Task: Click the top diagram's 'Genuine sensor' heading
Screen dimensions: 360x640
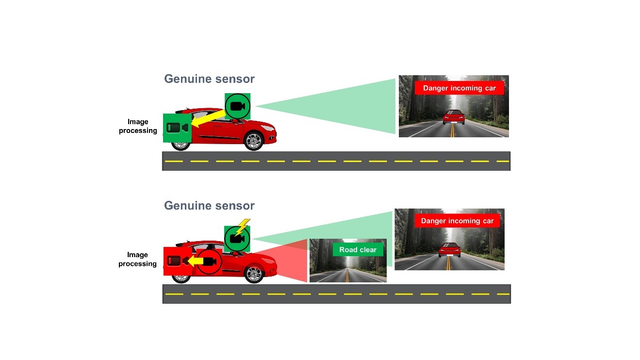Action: tap(209, 79)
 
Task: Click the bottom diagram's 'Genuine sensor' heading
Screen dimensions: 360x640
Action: tap(209, 205)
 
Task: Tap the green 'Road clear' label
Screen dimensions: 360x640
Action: tap(358, 250)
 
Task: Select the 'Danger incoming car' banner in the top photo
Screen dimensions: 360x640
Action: tap(459, 88)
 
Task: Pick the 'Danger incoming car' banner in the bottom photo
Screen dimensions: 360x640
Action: tap(457, 221)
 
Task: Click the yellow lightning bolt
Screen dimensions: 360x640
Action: tap(242, 227)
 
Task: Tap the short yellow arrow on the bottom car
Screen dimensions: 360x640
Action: tap(195, 262)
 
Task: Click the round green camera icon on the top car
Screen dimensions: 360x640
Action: tap(238, 106)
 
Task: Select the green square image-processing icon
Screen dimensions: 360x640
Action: tap(177, 128)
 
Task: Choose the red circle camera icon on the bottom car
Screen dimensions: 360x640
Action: tap(209, 262)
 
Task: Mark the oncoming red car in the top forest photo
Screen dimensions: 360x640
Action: tap(454, 117)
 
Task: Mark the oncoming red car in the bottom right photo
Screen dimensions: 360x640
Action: tap(449, 249)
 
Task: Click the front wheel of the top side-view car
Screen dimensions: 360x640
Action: tap(253, 141)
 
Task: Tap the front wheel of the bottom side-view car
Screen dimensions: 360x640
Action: tap(253, 274)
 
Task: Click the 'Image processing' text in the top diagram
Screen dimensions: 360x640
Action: tap(138, 126)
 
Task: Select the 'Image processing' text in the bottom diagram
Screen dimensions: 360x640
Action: tap(137, 259)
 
